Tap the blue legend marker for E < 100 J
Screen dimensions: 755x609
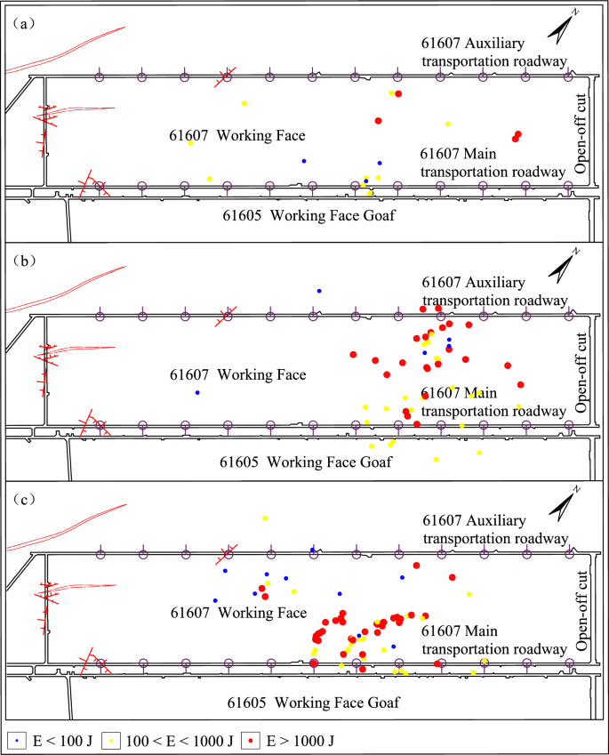tap(17, 740)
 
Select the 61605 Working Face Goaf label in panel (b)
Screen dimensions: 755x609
tap(312, 462)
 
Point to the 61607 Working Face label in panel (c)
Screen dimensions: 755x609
tap(237, 613)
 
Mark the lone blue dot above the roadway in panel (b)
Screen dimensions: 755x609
tap(319, 291)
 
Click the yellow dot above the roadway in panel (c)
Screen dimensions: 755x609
tap(265, 518)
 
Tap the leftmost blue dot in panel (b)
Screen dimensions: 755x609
tap(197, 392)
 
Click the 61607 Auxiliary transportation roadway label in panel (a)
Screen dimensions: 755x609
tap(493, 52)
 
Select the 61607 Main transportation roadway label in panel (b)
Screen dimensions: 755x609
tap(493, 402)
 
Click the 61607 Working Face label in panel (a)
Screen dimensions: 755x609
tap(237, 136)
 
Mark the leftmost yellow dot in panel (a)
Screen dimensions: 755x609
tap(190, 143)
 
